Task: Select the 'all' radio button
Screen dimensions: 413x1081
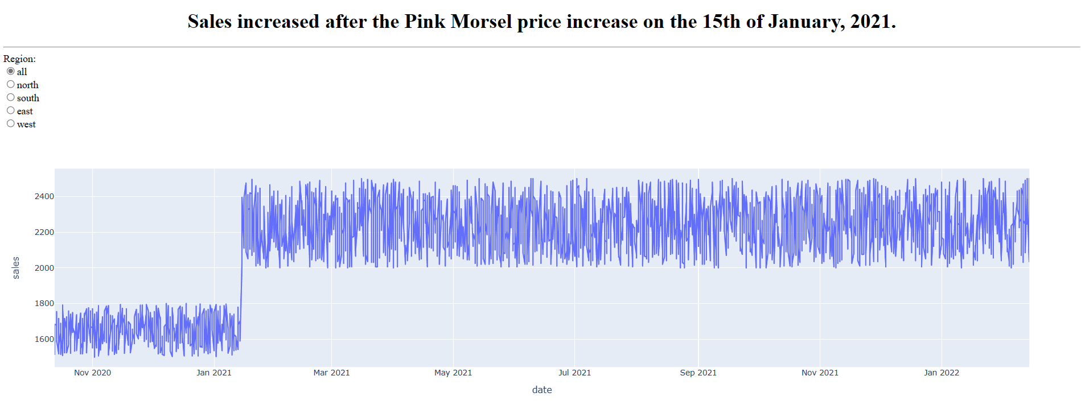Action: [x=11, y=71]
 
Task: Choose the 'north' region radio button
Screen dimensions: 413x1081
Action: [x=11, y=84]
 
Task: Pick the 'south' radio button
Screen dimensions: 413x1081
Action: [x=11, y=97]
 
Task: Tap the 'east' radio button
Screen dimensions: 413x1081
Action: [x=11, y=110]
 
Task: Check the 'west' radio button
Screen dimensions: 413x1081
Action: [x=11, y=123]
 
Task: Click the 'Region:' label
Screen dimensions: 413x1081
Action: [x=19, y=59]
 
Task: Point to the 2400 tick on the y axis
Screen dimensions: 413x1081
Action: [x=44, y=196]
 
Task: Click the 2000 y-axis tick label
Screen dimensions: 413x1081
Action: [x=44, y=268]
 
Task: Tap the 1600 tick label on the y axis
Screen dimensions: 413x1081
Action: [x=44, y=339]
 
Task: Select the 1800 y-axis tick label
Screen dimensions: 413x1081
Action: [x=44, y=303]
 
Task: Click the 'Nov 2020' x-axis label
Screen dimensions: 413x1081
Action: [x=92, y=373]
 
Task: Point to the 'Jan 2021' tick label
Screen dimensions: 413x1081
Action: [x=214, y=373]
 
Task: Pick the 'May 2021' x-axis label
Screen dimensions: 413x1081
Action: [x=453, y=373]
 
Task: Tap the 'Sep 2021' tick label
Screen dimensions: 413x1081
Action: [x=698, y=373]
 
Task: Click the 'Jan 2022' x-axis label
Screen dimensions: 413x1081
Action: [x=942, y=373]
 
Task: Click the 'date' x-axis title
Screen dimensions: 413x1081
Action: [x=542, y=390]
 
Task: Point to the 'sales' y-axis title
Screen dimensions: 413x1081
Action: [x=16, y=267]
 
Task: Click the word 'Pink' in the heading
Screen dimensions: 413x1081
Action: [x=425, y=22]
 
